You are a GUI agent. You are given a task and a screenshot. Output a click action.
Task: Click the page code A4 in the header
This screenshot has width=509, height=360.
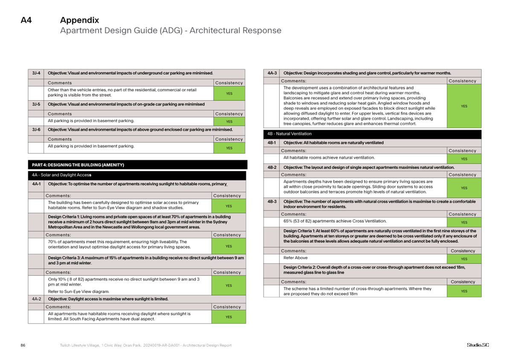tap(26, 20)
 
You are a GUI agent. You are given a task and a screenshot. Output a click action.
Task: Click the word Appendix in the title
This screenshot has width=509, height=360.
tap(79, 20)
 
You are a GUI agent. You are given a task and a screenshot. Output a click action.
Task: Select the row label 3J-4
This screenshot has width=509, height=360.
tap(36, 73)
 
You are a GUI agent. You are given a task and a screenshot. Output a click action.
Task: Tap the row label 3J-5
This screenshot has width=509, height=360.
tap(36, 104)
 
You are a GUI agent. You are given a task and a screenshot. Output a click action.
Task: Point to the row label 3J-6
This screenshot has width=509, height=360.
tap(36, 129)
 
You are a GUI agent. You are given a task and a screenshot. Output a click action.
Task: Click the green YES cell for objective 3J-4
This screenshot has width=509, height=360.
tap(229, 93)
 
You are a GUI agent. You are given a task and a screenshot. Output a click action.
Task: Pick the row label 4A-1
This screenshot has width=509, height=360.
tap(36, 184)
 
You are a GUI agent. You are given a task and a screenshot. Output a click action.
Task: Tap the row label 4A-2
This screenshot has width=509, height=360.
tap(36, 299)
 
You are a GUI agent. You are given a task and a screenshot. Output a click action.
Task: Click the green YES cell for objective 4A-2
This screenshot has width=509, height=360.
tap(229, 316)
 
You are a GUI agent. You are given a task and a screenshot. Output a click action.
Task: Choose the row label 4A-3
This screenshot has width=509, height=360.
tap(272, 73)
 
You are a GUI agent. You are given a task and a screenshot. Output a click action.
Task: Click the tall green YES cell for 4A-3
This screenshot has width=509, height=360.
tap(464, 106)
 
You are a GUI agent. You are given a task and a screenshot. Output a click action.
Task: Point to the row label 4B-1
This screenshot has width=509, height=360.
tap(272, 143)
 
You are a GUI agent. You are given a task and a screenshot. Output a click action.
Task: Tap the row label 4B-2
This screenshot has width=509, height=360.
tap(272, 167)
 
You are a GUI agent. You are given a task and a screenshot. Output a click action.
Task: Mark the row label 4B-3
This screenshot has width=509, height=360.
tap(272, 201)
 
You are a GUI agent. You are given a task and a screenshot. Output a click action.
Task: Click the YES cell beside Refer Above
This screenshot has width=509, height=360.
tap(464, 259)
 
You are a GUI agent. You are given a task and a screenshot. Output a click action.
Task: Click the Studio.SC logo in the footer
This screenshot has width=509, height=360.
tap(477, 345)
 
